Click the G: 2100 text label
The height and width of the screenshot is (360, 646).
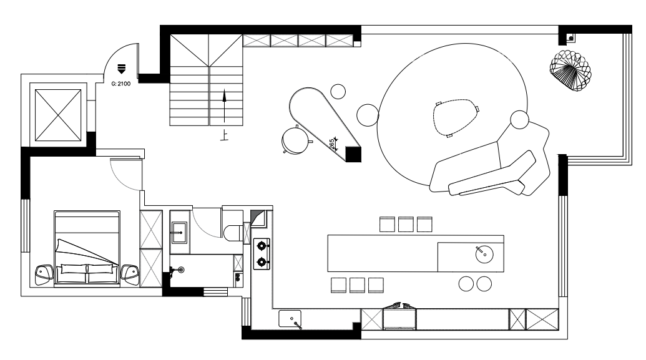(120, 84)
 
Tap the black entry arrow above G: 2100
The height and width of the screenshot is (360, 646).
(121, 69)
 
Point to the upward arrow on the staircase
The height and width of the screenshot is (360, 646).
(225, 106)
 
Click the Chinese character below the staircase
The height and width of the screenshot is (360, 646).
(224, 135)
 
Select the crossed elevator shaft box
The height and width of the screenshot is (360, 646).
(58, 115)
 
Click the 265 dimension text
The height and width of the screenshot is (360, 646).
(332, 144)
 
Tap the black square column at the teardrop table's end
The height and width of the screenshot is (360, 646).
(353, 154)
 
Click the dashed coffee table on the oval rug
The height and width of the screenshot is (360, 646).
(455, 117)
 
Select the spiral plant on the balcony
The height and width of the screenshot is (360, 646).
(570, 70)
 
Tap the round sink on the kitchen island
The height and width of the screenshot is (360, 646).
(484, 254)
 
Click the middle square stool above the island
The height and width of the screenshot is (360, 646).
(406, 225)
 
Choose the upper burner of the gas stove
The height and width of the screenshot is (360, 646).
(261, 246)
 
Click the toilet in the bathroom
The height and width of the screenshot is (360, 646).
(233, 232)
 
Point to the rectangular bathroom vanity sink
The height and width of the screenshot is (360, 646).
(179, 233)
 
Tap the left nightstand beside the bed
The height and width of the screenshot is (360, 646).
(44, 275)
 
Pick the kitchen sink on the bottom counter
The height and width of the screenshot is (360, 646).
(290, 319)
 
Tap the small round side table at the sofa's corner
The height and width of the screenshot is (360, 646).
(519, 119)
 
